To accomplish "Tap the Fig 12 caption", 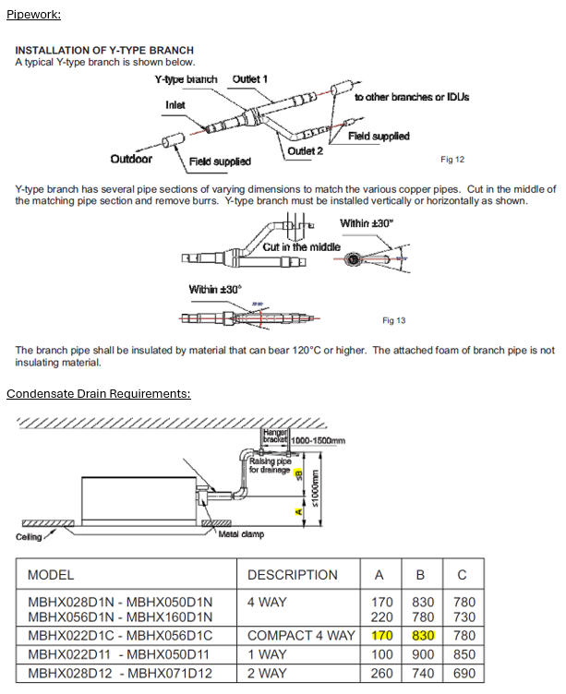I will tap(452, 160).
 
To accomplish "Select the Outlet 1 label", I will tap(250, 79).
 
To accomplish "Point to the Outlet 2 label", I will tap(306, 150).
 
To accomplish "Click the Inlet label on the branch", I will tap(175, 105).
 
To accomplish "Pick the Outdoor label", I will tap(131, 159).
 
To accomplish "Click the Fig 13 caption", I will tap(394, 320).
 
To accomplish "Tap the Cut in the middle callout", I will tap(301, 247).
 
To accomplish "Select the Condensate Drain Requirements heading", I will tap(99, 394).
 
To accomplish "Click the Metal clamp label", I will tap(241, 534).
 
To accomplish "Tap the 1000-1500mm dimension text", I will tap(318, 441).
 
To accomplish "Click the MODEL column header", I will tap(51, 575).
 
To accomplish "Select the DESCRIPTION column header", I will tap(292, 575).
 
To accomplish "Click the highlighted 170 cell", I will tap(379, 636).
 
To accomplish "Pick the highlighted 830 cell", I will tap(420, 636).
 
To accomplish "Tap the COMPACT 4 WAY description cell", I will tap(300, 636).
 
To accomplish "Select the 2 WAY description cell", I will tap(267, 673).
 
